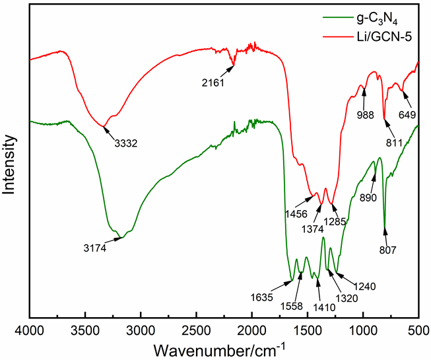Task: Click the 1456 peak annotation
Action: tap(296, 214)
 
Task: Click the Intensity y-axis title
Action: tap(10, 164)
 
